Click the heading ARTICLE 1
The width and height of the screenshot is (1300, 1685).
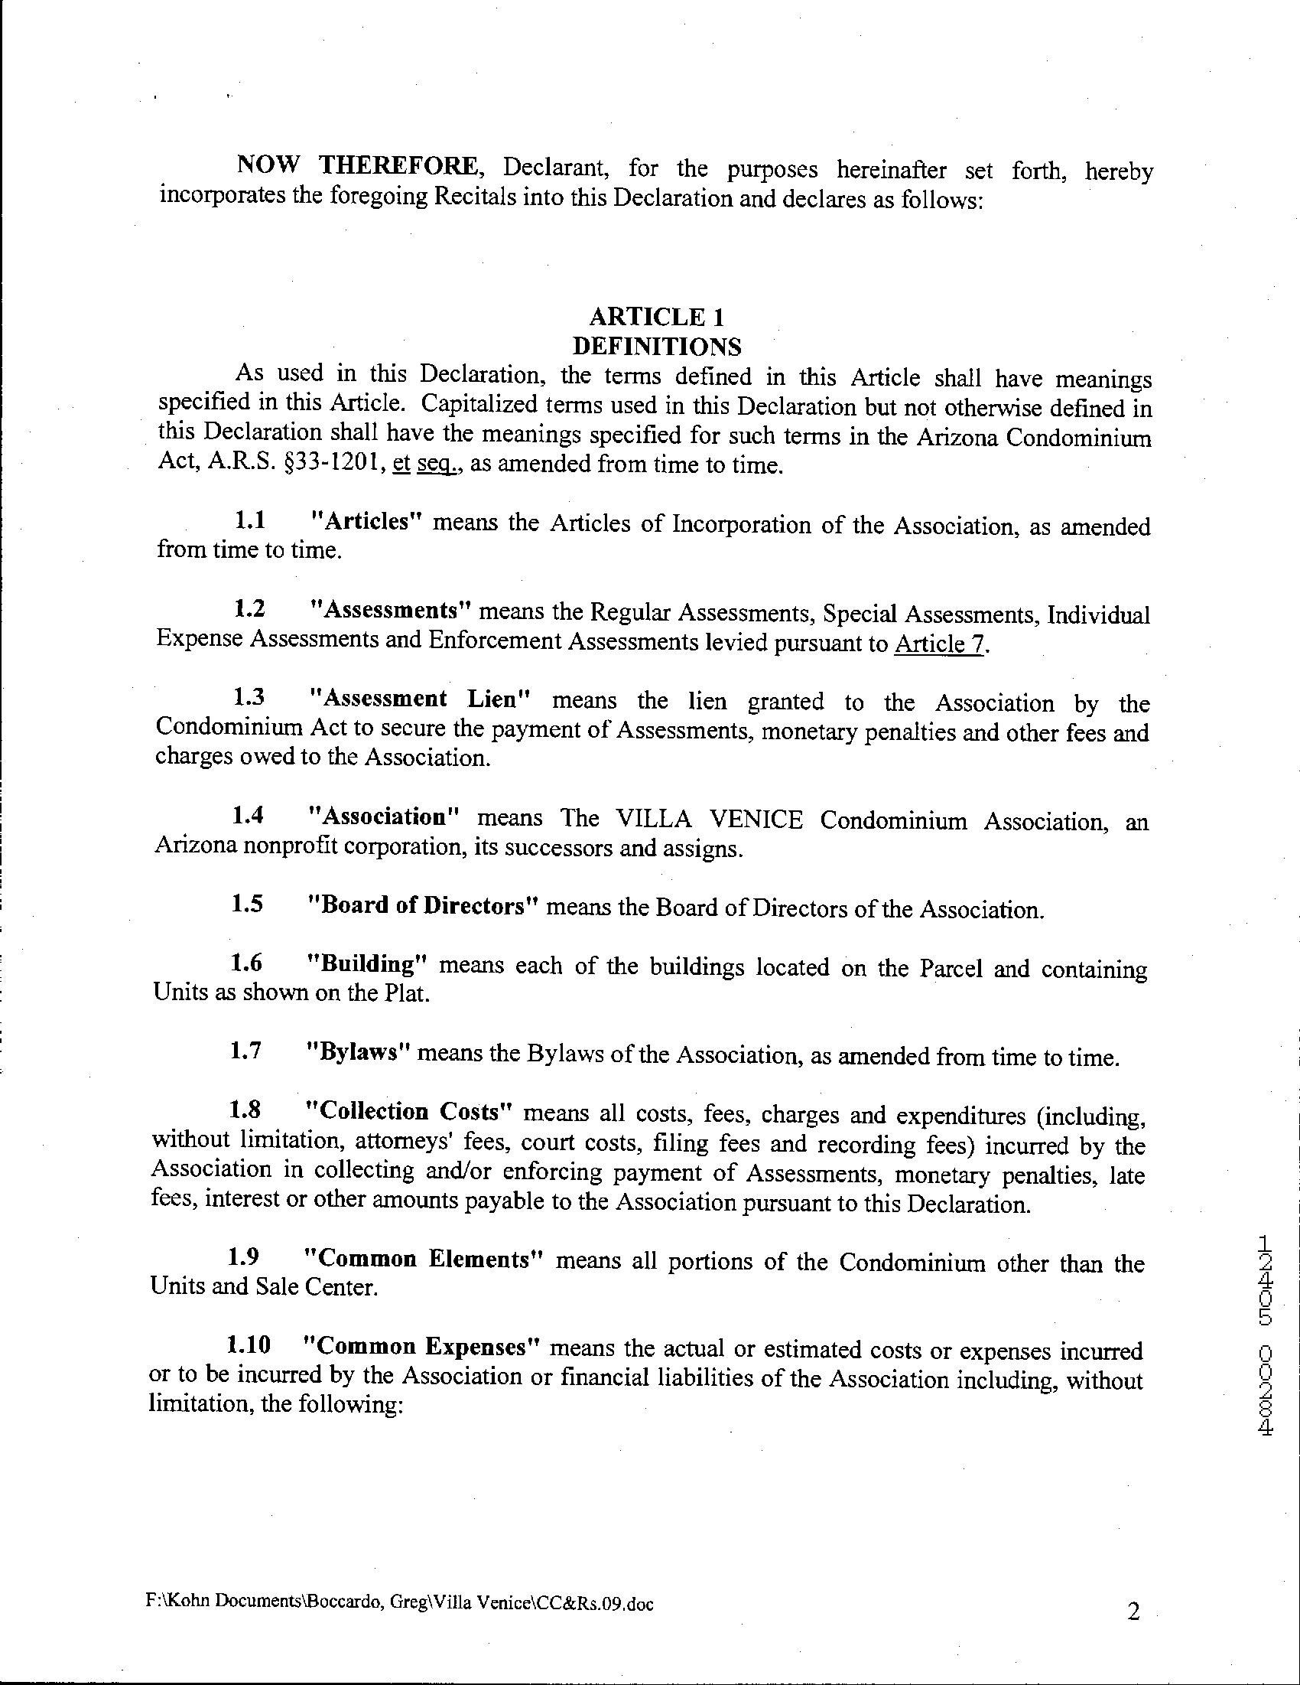pyautogui.click(x=657, y=317)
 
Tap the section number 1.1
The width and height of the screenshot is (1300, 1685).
pyautogui.click(x=251, y=521)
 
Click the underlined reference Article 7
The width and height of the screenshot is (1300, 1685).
pyautogui.click(x=939, y=644)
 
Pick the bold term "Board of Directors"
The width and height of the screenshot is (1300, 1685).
pyautogui.click(x=421, y=905)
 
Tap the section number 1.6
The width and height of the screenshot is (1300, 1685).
pyautogui.click(x=247, y=963)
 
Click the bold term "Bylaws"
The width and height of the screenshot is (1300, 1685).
pyautogui.click(x=356, y=1053)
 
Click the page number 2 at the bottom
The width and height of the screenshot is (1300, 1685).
pyautogui.click(x=1133, y=1612)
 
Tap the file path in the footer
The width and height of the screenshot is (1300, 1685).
pyautogui.click(x=399, y=1605)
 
